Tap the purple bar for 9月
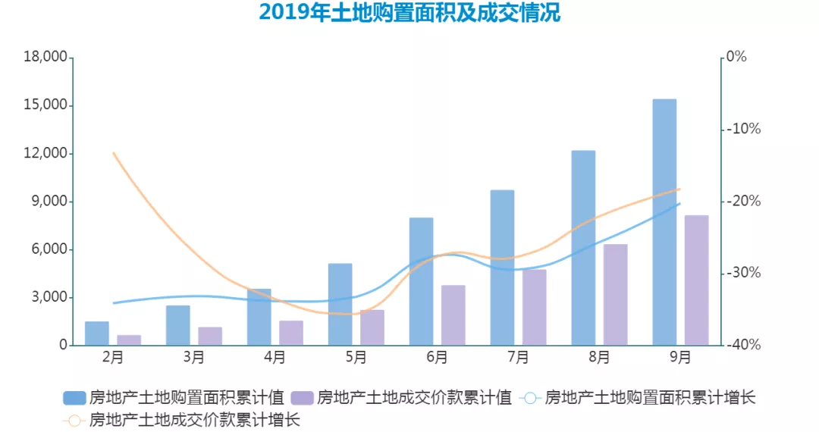696,280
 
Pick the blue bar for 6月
421,281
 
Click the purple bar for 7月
534,307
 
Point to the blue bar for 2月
96,333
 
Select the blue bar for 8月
583,248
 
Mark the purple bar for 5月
372,327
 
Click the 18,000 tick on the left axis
45,58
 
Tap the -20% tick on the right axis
743,202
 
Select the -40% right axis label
743,345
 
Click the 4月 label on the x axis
275,357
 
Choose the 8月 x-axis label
598,357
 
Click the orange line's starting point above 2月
113,153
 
